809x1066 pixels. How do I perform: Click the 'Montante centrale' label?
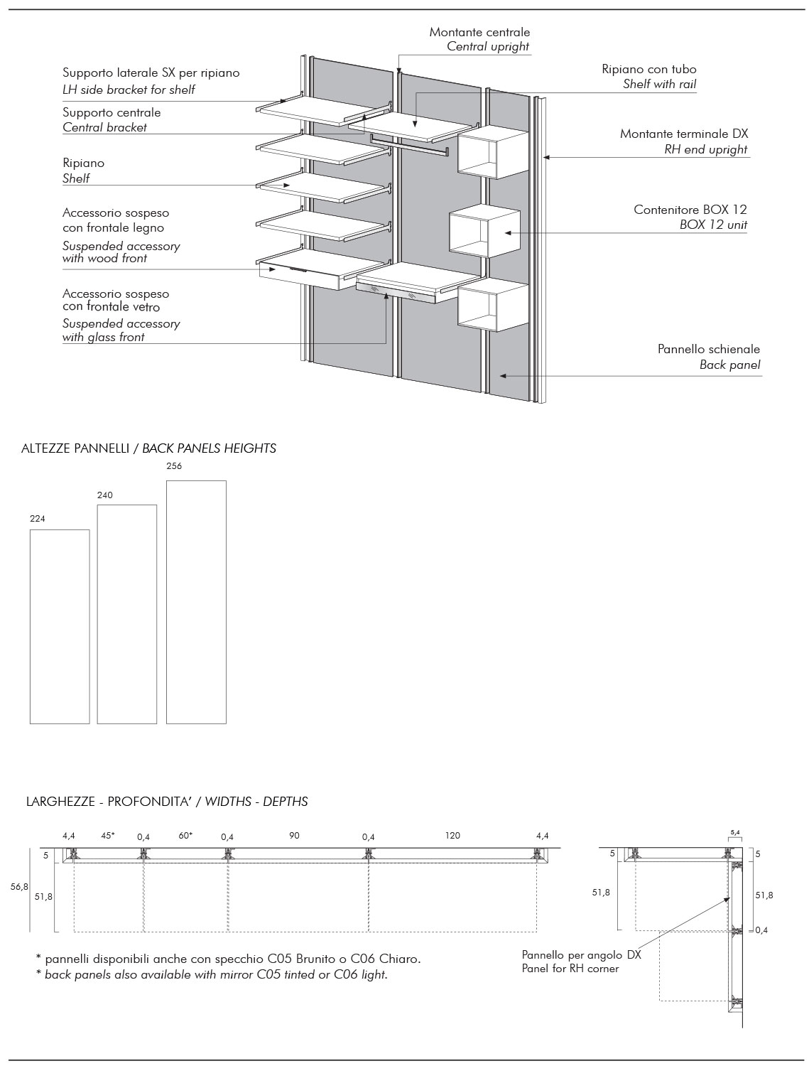click(x=479, y=32)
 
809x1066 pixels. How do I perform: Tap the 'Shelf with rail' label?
click(x=659, y=85)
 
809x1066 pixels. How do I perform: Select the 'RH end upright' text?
click(x=705, y=150)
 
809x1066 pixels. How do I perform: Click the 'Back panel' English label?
click(x=729, y=365)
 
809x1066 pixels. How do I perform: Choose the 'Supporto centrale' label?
click(x=112, y=112)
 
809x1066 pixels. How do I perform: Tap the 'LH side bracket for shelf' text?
click(x=129, y=90)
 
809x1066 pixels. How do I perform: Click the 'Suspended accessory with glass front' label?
click(x=121, y=330)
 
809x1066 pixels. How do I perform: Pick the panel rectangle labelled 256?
click(x=196, y=602)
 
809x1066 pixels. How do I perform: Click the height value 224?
click(x=38, y=519)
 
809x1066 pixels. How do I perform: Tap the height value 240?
click(x=104, y=495)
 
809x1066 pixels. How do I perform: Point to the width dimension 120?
click(x=452, y=836)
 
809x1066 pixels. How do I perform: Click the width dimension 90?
click(x=294, y=836)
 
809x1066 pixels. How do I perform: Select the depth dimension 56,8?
click(x=19, y=887)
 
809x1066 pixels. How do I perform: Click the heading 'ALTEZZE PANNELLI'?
click(x=75, y=448)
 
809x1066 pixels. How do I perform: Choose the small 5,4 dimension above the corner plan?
click(x=735, y=831)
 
